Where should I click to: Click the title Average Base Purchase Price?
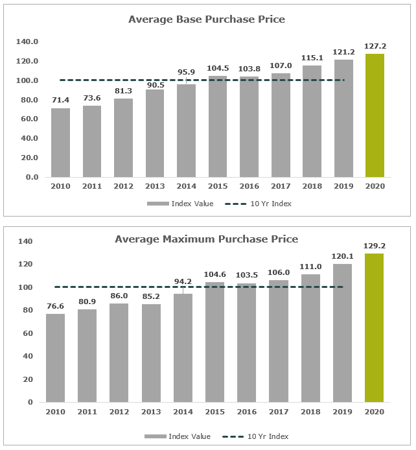tap(206, 19)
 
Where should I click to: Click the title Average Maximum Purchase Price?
tap(206, 239)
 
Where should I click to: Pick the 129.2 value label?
tap(374, 246)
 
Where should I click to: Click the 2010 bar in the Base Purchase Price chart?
tap(60, 143)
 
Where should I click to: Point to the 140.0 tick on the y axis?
tap(27, 41)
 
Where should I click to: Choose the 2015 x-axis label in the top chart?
tap(217, 187)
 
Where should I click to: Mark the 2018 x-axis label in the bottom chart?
tap(311, 412)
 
